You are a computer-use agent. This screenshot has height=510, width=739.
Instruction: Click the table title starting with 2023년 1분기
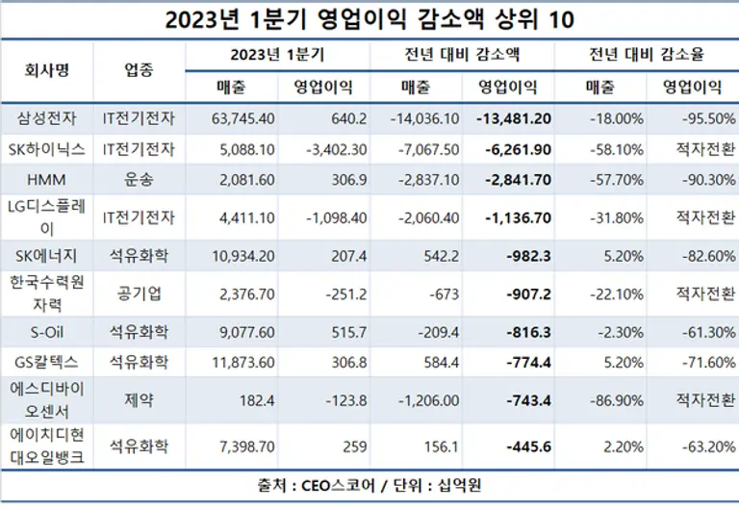pos(369,19)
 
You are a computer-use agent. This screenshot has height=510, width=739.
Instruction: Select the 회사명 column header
pos(47,70)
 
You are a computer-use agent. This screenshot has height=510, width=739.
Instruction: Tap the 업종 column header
pos(139,70)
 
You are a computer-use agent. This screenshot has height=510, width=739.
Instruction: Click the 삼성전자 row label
pos(47,119)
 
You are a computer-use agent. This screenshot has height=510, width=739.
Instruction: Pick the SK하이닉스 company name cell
pos(47,150)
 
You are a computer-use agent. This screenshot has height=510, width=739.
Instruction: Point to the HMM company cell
pos(47,180)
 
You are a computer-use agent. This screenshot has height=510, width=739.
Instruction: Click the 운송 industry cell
pos(139,180)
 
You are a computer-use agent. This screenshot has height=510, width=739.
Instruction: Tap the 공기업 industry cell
pos(139,293)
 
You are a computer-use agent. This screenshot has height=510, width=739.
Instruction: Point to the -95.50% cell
pos(692,119)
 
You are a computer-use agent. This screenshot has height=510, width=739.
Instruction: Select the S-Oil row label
pos(47,332)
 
